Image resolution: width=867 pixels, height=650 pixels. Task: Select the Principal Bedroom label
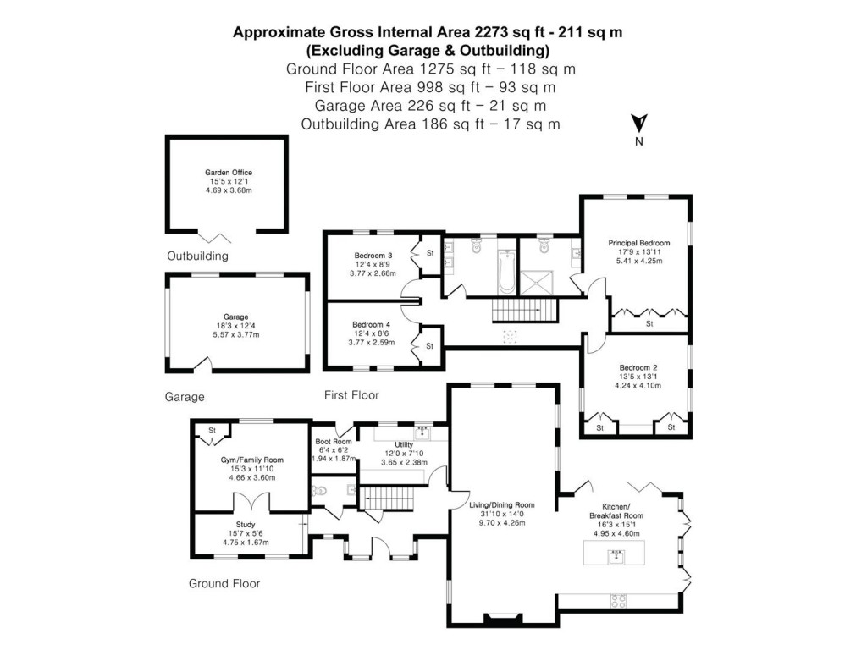point(638,243)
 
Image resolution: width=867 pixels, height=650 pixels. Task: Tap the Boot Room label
point(334,441)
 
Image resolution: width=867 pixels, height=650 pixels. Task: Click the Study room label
point(246,524)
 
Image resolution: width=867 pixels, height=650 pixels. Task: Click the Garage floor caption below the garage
point(185,396)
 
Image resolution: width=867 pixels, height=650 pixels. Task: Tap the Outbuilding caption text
point(197,256)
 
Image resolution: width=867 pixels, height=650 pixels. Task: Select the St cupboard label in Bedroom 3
point(430,252)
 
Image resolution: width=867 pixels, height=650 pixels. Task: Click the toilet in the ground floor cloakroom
point(319,490)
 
